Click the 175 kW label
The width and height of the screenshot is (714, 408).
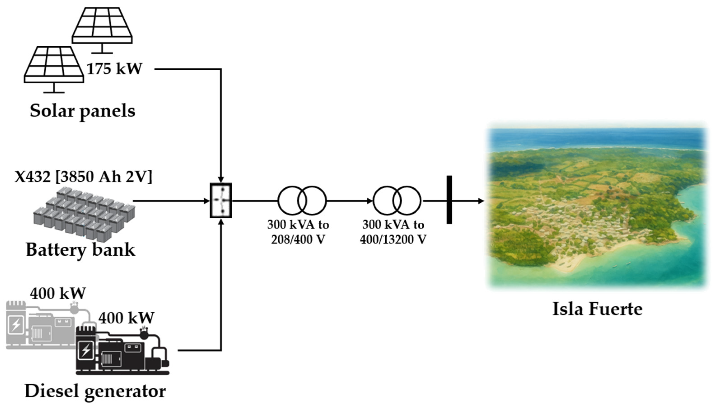point(114,69)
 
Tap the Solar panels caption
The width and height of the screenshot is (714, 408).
point(83,111)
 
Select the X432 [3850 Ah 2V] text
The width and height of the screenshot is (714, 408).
point(83,177)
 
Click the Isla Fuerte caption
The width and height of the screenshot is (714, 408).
point(597,309)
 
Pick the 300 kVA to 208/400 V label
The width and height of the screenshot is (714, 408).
point(298,232)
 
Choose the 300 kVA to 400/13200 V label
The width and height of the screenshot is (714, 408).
point(393,232)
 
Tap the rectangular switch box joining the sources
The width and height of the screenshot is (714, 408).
point(221,200)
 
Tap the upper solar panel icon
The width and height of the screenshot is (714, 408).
point(102,27)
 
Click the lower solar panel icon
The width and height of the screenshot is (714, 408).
point(54,66)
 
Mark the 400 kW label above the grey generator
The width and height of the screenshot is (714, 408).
point(58,294)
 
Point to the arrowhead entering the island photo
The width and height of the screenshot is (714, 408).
point(481,201)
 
